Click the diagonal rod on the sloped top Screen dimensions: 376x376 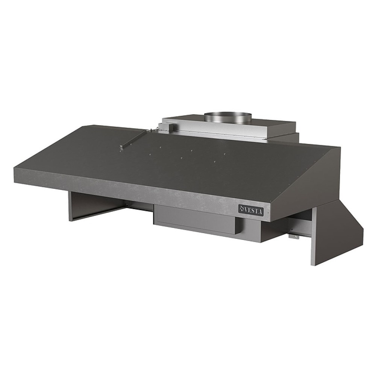coord(135,139)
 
